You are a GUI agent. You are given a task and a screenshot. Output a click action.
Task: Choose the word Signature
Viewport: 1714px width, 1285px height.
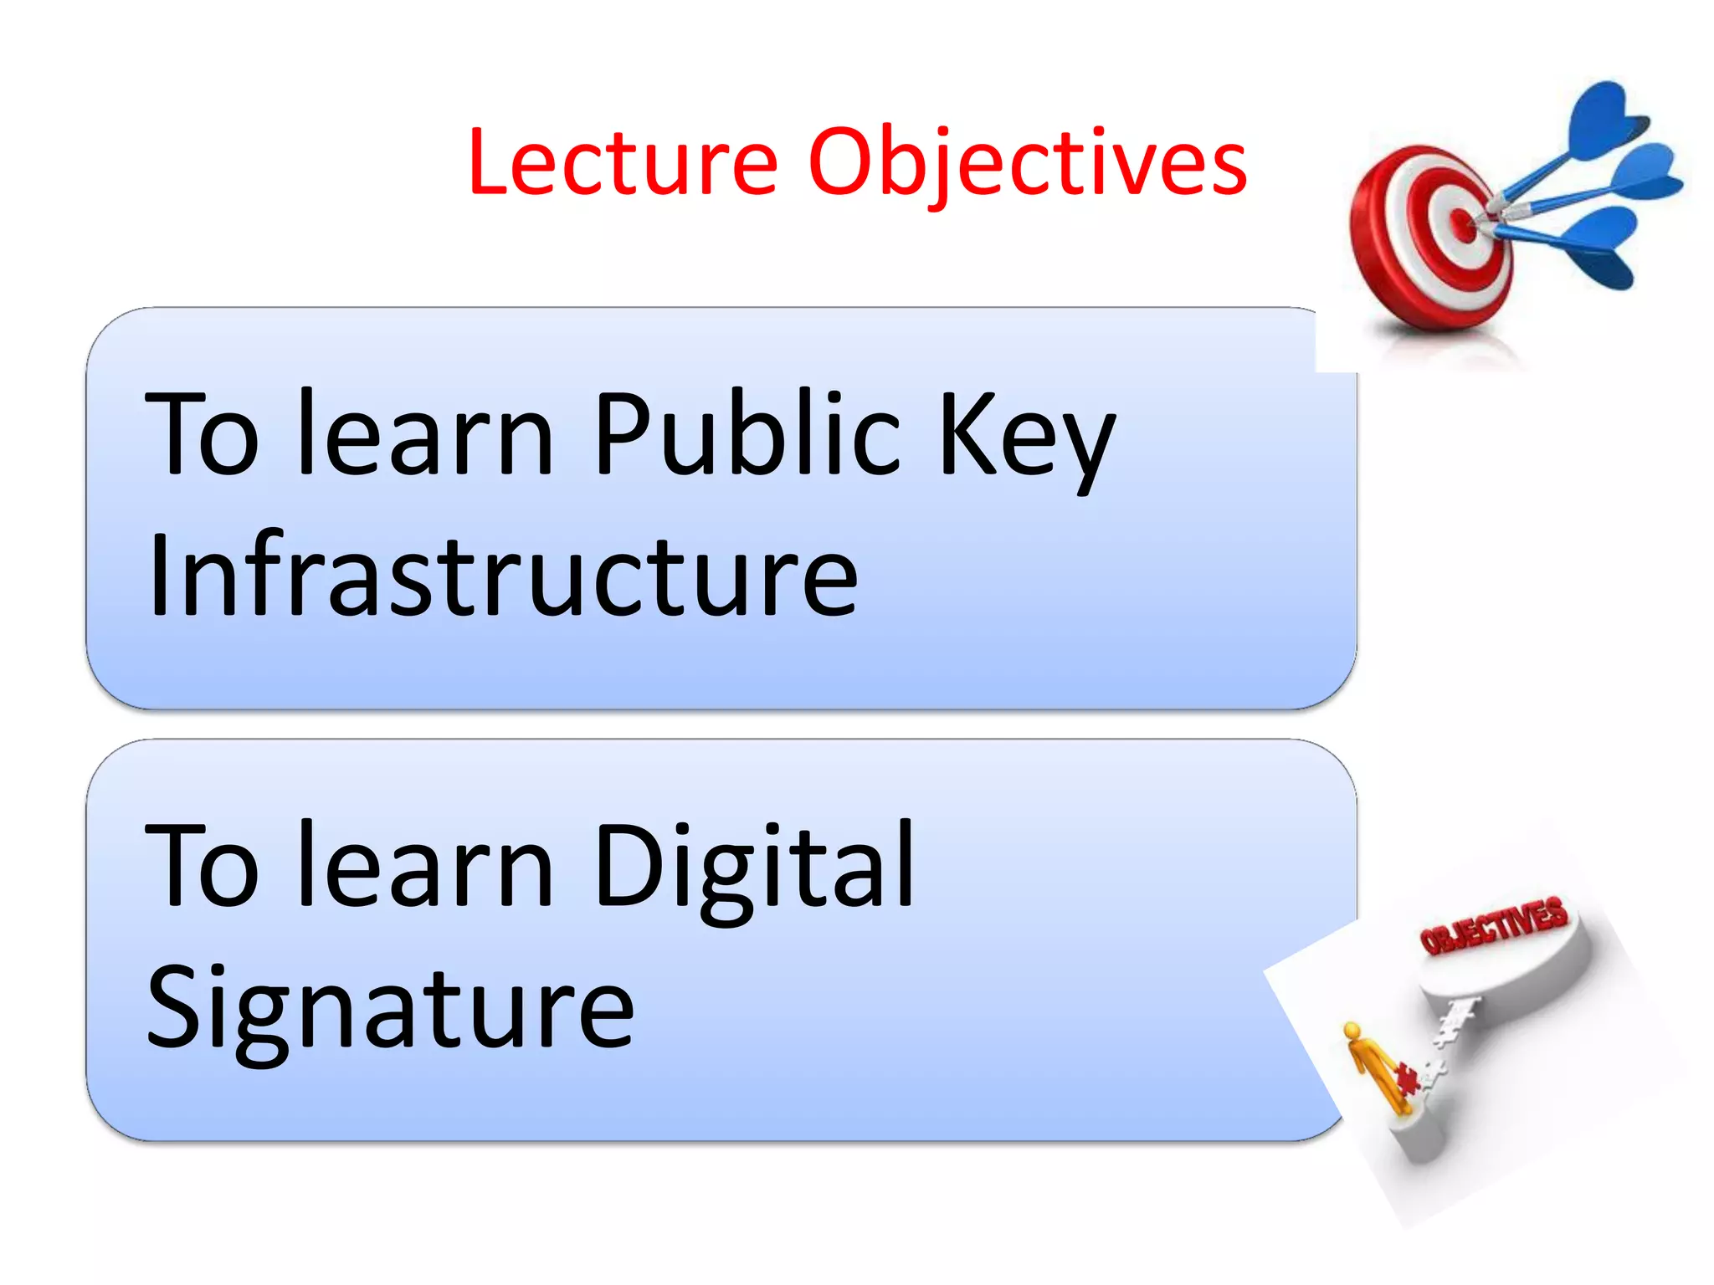click(390, 1007)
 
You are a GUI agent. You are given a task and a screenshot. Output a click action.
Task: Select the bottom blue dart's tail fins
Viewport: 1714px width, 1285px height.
click(1603, 247)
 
